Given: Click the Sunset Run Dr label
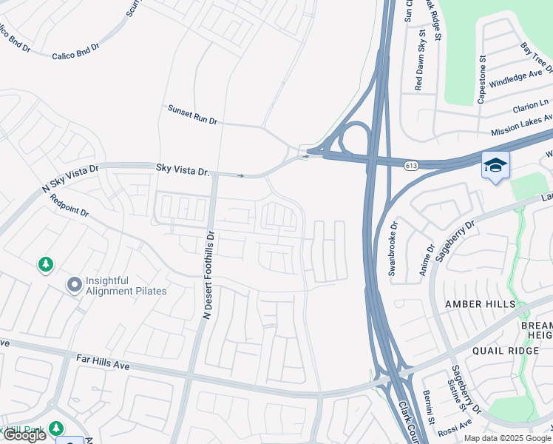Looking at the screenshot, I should coord(192,115).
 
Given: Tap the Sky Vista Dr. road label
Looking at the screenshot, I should coord(183,170).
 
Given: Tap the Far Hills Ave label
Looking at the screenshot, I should coord(103,362).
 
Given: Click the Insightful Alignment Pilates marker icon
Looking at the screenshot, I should coord(74,285).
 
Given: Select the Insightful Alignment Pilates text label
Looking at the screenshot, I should coord(126,286).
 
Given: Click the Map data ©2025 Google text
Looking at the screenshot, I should coord(507,438).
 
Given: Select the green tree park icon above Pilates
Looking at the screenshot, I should coord(46,264).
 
